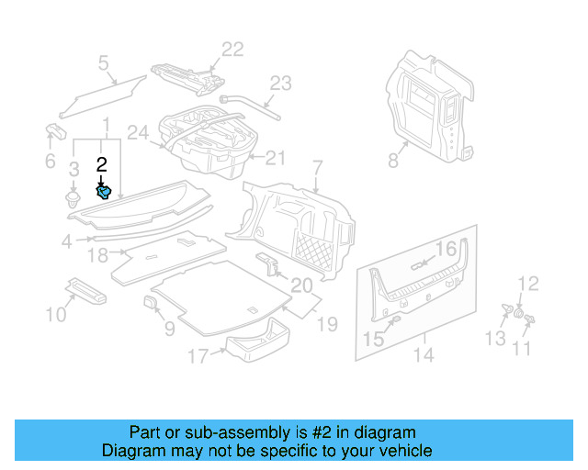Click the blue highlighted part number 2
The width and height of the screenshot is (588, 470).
click(105, 192)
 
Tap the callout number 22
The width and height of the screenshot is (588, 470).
click(232, 50)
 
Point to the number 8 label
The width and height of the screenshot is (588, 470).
click(393, 162)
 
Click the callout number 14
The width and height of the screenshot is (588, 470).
click(424, 353)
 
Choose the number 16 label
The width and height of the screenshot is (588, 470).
click(446, 249)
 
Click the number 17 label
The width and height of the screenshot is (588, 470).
click(198, 355)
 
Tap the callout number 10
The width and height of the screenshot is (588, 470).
click(57, 316)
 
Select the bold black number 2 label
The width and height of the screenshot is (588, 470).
click(102, 165)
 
